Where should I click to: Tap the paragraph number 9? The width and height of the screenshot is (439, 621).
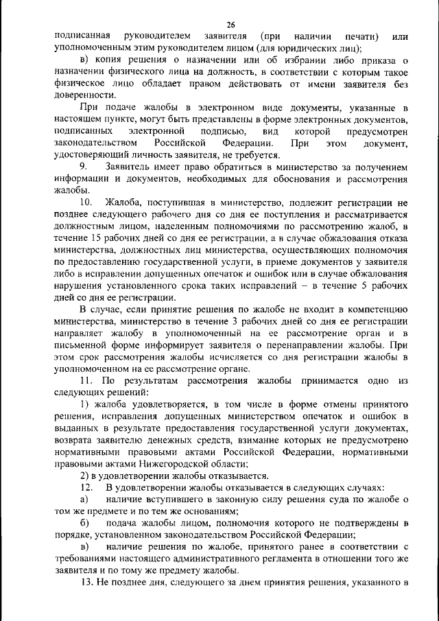coord(84,167)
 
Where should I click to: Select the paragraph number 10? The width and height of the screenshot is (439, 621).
coord(86,202)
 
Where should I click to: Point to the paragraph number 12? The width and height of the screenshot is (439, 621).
coord(86,487)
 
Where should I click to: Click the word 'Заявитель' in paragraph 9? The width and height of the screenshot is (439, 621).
coord(130,167)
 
